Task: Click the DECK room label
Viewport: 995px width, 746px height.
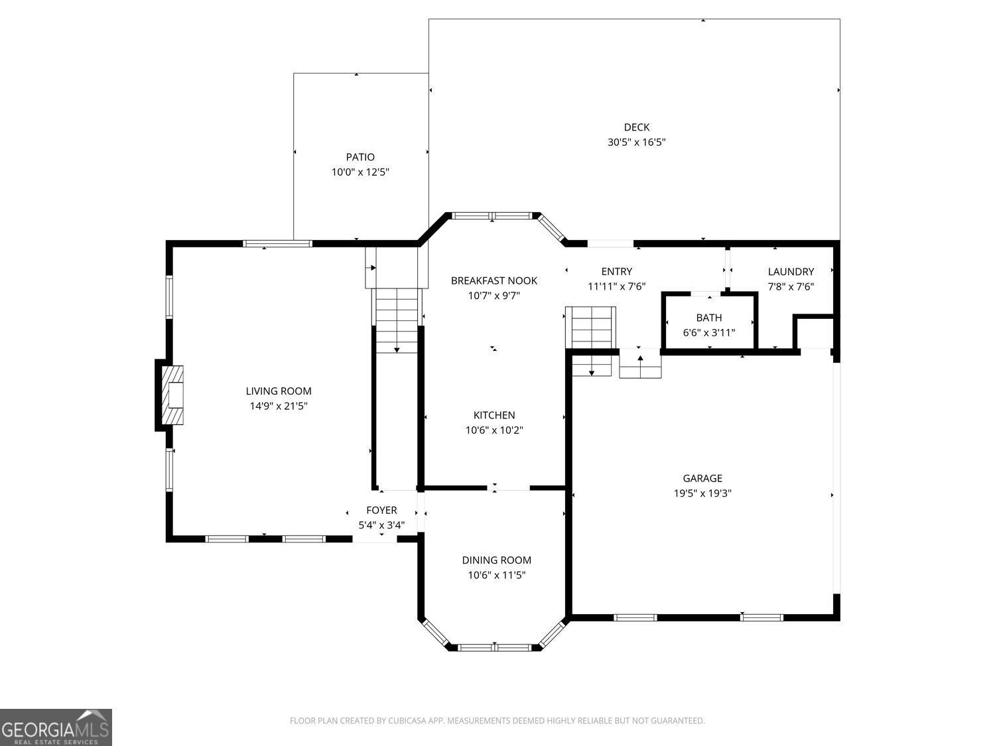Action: [x=636, y=127]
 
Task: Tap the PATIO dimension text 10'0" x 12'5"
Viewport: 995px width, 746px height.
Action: [x=360, y=172]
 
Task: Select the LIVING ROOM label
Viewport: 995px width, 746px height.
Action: [x=279, y=391]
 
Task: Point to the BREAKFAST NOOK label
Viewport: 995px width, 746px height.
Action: [x=494, y=280]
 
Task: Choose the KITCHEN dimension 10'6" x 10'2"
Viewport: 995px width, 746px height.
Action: [x=494, y=430]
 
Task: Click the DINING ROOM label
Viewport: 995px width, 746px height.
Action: [x=496, y=560]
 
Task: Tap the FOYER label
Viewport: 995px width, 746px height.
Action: [x=381, y=510]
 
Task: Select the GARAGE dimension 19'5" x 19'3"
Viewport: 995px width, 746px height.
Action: [x=702, y=493]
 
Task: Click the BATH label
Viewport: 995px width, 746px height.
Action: [x=708, y=318]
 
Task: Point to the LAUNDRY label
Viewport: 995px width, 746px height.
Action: [x=790, y=272]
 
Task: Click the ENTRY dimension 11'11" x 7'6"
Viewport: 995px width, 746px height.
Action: [x=616, y=286]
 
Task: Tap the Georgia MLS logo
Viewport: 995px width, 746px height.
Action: [x=56, y=727]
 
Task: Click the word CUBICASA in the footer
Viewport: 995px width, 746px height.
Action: [x=409, y=721]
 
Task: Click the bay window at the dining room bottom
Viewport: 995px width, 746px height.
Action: [x=494, y=647]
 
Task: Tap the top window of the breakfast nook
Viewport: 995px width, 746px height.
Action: [x=492, y=216]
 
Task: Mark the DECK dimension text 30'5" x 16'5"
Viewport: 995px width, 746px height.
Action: [x=636, y=142]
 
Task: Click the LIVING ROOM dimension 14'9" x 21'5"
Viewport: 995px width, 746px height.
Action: [x=279, y=406]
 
